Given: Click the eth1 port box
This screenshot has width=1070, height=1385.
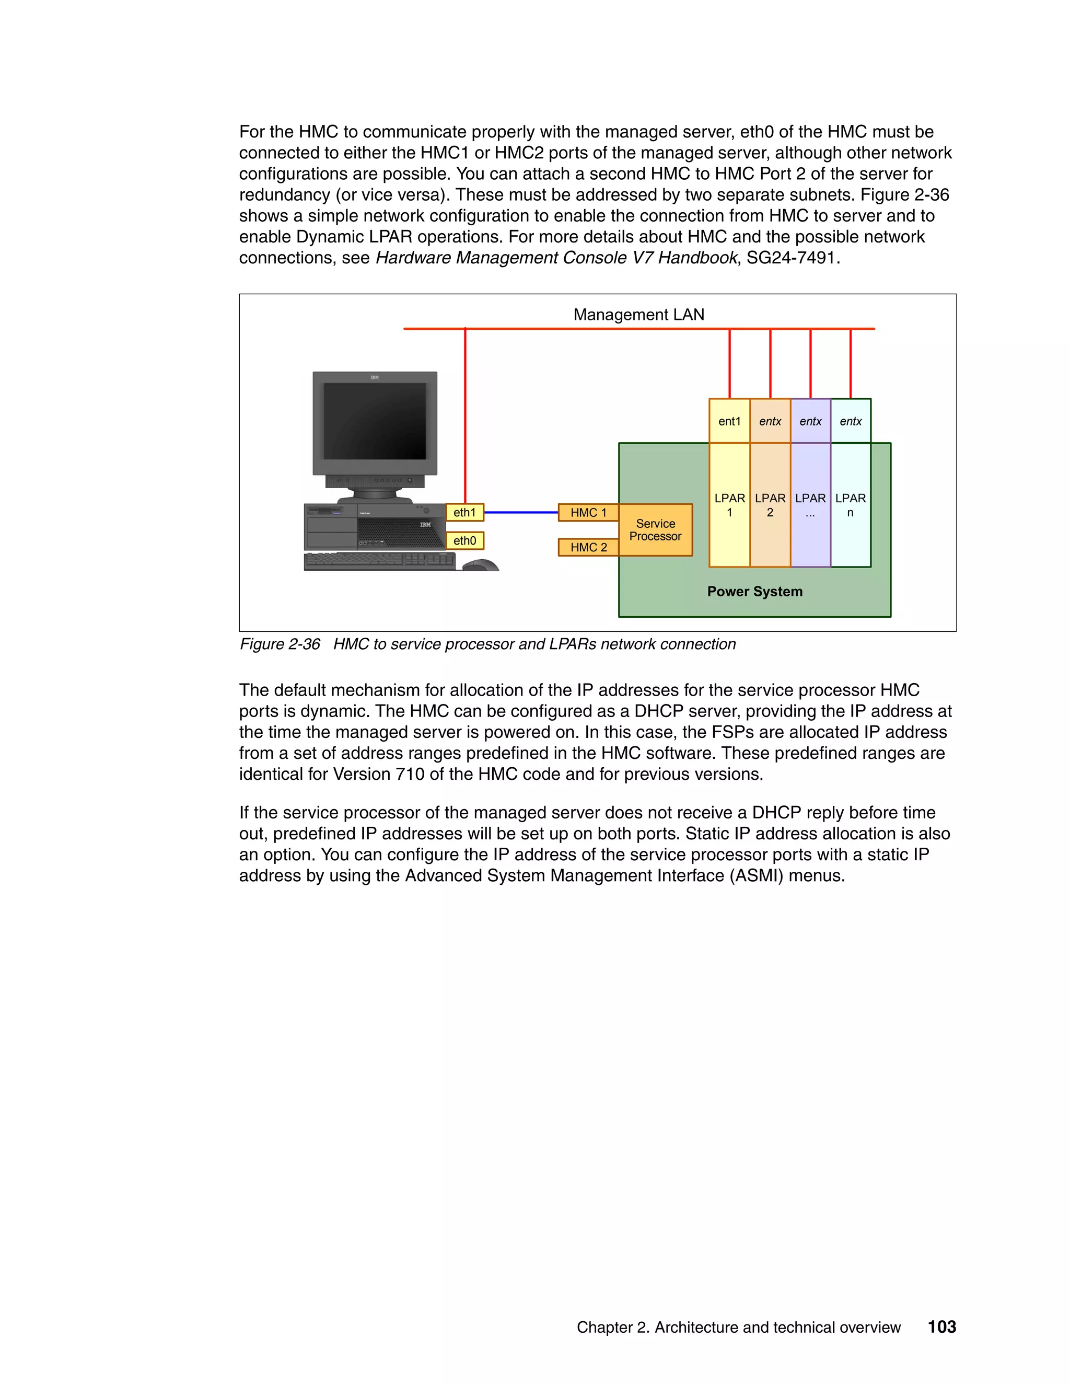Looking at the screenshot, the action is point(464,512).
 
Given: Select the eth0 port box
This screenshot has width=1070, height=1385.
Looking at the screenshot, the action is point(464,541).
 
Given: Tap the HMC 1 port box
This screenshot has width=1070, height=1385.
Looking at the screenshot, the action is point(588,512).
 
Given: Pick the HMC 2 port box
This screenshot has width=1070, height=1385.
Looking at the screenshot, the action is point(588,547).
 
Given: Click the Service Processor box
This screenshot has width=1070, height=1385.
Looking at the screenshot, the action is point(656,530).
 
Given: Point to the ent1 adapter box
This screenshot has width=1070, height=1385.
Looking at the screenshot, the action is point(729,421).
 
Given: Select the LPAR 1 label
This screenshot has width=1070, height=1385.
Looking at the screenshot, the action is point(729,505).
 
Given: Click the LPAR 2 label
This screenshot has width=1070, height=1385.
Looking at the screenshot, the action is point(770,505).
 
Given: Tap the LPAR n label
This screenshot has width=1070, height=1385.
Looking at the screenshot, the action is point(851,505).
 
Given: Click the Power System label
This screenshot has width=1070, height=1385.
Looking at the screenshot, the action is point(755,592).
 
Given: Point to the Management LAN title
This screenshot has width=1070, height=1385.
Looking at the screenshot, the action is point(639,315).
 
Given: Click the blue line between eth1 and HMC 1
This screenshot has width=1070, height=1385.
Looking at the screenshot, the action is point(521,512).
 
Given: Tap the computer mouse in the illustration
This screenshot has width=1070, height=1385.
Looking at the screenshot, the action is point(482,564).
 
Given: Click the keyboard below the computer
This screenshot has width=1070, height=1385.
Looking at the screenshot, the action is point(379,561).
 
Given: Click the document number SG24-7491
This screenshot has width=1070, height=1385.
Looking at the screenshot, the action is point(793,258).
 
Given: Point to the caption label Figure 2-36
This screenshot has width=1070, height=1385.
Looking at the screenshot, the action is point(280,644).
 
